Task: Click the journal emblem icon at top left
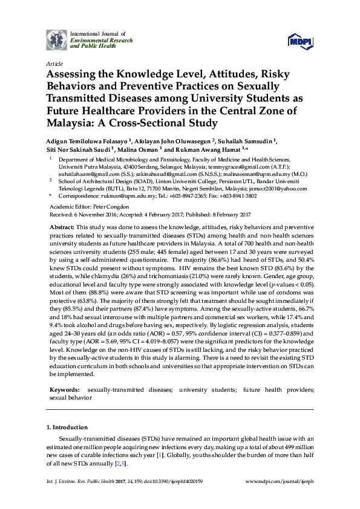click(57, 39)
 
